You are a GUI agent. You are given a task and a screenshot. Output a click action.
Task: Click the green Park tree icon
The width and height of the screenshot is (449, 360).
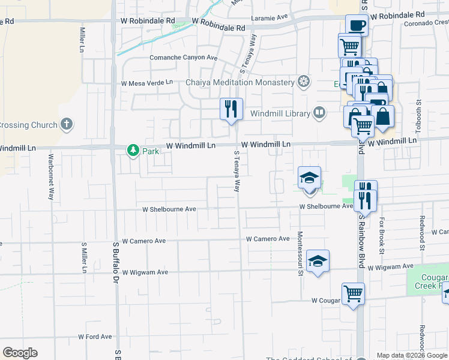[x=133, y=151]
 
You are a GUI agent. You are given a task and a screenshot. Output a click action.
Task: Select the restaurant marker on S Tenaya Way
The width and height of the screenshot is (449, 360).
[x=231, y=109]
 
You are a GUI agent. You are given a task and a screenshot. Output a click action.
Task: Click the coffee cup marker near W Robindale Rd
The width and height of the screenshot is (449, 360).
[x=357, y=25]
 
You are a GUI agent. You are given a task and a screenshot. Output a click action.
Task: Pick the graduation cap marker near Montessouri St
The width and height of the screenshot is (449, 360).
[x=318, y=261]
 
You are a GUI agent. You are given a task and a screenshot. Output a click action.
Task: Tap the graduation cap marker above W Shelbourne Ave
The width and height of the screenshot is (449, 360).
[x=310, y=178]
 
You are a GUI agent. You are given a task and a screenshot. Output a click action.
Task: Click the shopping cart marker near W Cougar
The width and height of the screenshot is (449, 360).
[x=354, y=294]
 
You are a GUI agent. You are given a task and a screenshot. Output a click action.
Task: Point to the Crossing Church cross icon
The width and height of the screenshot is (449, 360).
[x=67, y=125]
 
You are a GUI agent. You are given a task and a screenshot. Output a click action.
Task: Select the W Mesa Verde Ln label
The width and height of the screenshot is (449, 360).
[x=147, y=83]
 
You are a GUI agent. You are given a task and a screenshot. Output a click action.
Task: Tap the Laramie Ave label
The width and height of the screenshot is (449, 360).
[x=270, y=18]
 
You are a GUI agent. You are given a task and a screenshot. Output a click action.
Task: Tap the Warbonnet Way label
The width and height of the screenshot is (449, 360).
[x=50, y=179]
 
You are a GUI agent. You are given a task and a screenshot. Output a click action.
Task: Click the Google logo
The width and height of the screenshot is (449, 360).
[x=20, y=353]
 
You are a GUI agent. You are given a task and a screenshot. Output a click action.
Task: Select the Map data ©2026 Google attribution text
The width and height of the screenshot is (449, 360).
[x=412, y=355]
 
